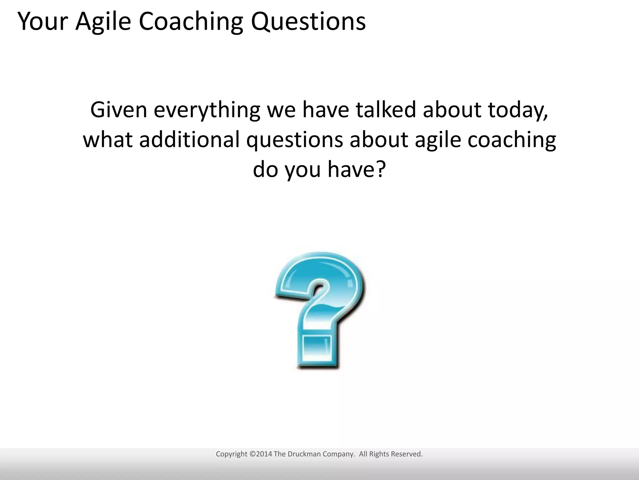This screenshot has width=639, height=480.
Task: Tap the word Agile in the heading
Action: coord(103,22)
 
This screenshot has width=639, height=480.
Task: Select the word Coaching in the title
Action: coord(190,22)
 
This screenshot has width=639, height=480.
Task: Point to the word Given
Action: coord(118,110)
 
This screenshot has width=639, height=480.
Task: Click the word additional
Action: coord(189,139)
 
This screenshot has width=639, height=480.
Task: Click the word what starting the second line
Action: coord(108,139)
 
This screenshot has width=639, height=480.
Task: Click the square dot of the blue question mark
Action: coord(317,349)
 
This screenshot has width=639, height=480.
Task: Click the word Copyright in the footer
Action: coord(232,454)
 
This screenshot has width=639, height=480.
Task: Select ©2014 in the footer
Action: coord(261,454)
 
